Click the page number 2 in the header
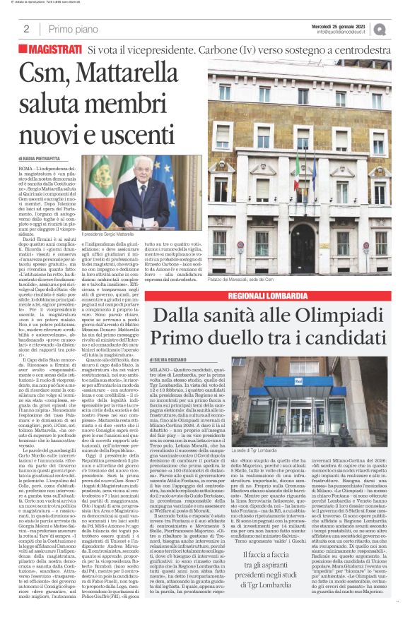click(x=26, y=28)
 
